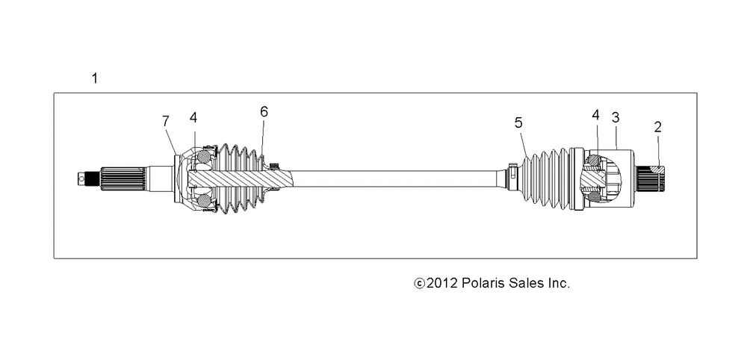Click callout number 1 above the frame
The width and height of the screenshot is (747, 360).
(95, 78)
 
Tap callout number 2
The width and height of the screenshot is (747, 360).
(658, 127)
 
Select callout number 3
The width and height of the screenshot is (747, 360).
(616, 117)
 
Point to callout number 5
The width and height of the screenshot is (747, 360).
(518, 122)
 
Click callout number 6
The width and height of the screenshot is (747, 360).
(264, 111)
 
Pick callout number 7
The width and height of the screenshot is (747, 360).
(165, 122)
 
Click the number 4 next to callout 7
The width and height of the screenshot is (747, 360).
(193, 117)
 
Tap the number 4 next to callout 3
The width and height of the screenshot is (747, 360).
(595, 115)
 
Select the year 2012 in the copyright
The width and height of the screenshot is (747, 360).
(442, 283)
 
